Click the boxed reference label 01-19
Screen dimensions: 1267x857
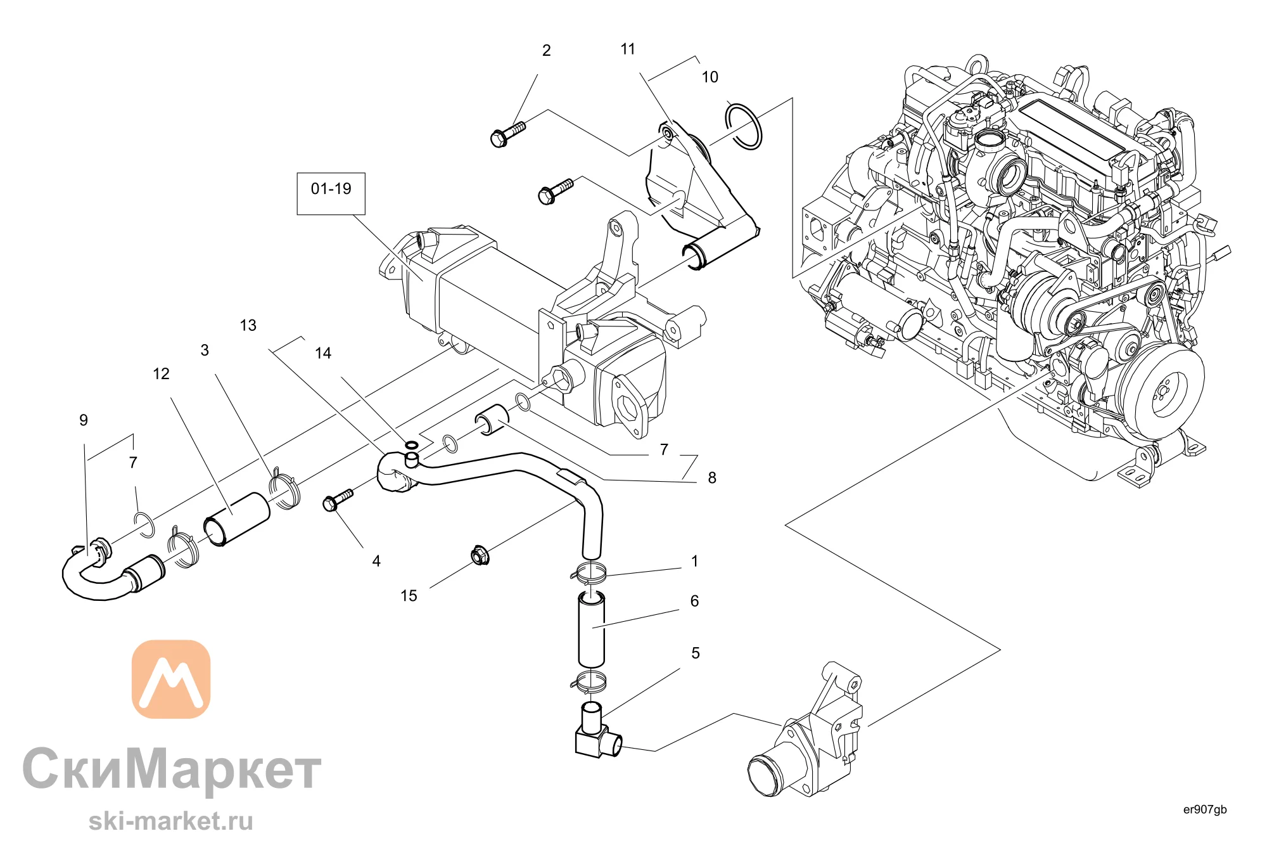(331, 189)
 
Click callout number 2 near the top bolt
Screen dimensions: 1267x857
(546, 51)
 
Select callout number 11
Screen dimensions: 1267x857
(627, 49)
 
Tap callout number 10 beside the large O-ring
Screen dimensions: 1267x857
(710, 77)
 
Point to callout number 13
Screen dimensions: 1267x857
(248, 326)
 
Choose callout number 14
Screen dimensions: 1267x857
(323, 354)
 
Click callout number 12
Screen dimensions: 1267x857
(161, 374)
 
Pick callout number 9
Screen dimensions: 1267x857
(84, 420)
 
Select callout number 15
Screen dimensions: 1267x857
(409, 596)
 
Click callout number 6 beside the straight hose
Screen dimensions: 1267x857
(694, 601)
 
